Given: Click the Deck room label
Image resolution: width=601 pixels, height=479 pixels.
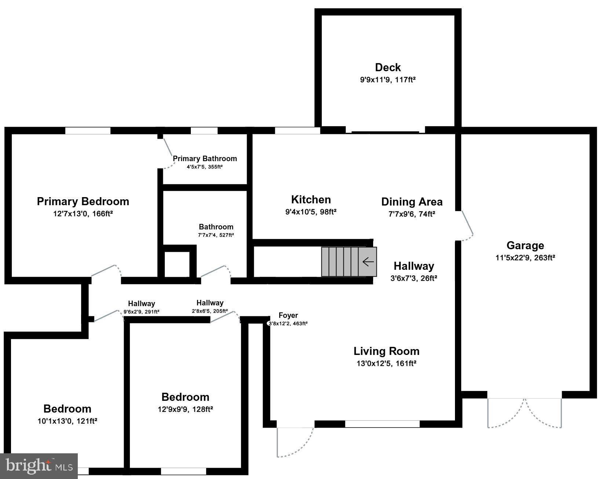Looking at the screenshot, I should click(388, 68).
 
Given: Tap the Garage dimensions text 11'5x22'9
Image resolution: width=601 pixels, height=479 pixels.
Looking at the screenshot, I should click(525, 258).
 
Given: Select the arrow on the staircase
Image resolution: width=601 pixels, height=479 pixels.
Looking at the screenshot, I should click(368, 262).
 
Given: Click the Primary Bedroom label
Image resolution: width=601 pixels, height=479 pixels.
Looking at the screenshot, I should click(83, 201).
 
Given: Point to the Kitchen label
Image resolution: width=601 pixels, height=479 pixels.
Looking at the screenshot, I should click(311, 200).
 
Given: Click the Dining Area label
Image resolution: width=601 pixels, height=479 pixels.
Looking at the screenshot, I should click(412, 202).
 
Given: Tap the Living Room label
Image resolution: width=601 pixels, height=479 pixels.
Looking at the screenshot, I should click(386, 351).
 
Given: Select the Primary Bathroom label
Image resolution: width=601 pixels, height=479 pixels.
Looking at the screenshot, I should click(205, 159).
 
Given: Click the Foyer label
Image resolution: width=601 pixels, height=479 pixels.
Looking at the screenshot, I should click(288, 315).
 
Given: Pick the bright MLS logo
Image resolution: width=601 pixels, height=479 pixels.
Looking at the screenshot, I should click(39, 466).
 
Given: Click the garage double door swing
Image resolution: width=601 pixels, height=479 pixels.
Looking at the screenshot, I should click(525, 413).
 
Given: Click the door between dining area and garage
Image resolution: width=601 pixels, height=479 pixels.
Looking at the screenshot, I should click(467, 225).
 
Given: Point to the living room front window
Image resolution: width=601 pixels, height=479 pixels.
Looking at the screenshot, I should click(382, 424).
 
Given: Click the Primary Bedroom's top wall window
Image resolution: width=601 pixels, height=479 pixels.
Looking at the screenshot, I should click(88, 131).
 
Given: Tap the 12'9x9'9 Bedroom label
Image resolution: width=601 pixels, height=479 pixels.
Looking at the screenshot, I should click(185, 397).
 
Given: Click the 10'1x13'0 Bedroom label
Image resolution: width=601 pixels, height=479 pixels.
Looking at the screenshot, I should click(67, 409).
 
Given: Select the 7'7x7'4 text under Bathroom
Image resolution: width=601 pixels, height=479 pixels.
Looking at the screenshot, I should click(216, 235).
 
